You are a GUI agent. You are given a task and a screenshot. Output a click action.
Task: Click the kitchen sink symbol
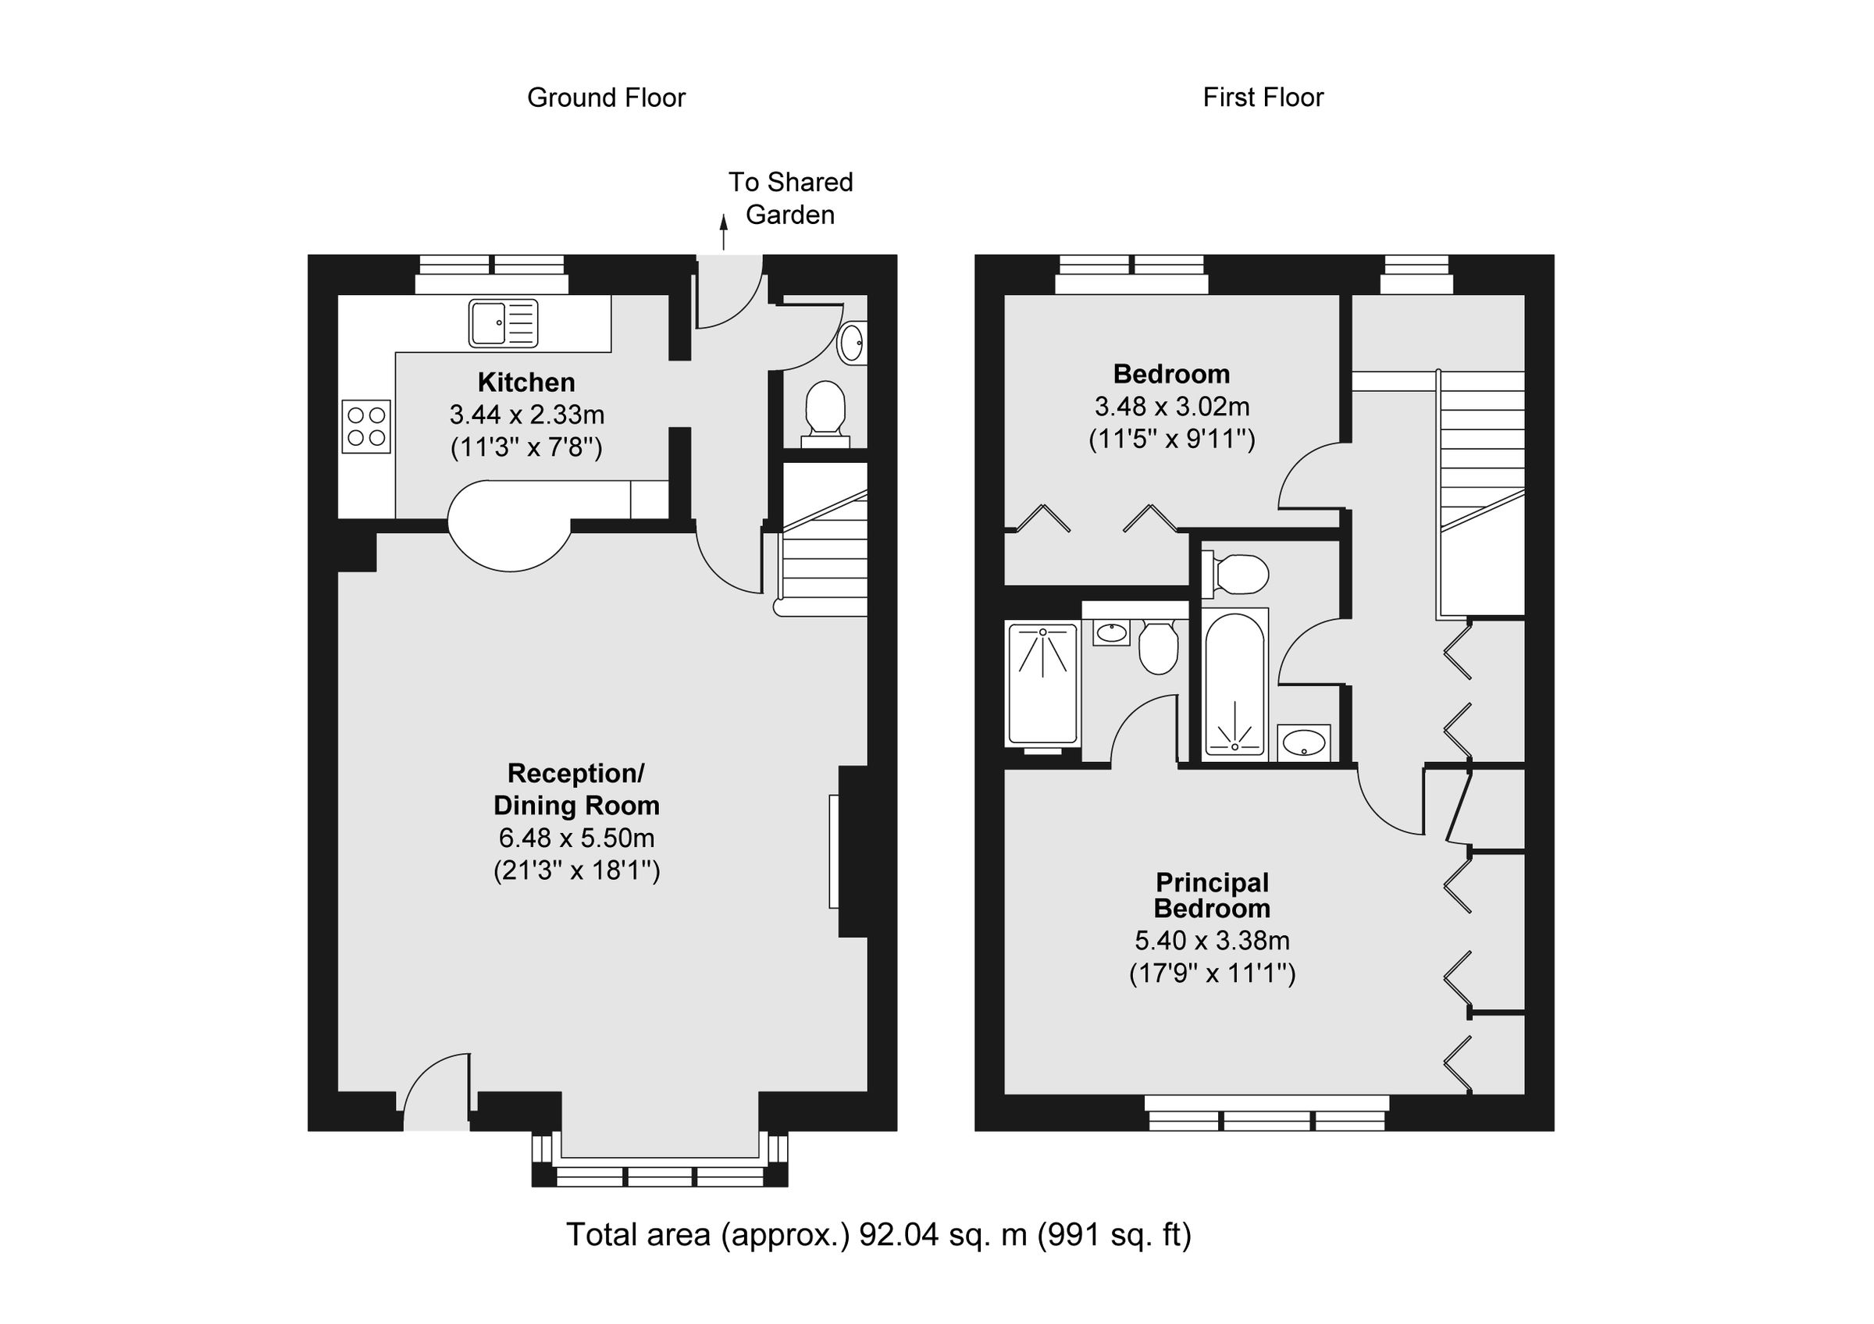click(503, 323)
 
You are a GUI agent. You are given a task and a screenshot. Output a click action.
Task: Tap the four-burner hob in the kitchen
click(365, 425)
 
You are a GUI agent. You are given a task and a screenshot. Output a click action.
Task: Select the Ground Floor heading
click(606, 98)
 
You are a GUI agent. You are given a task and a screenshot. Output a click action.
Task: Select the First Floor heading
click(1263, 98)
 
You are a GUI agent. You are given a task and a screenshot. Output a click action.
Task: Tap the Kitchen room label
click(526, 382)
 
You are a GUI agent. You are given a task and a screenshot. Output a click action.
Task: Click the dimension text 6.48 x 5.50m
click(576, 838)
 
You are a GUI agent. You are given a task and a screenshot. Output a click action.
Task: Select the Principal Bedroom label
click(1211, 895)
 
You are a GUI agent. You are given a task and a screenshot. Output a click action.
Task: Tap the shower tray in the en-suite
click(1043, 684)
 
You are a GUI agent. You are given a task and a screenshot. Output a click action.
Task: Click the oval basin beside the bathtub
click(1303, 742)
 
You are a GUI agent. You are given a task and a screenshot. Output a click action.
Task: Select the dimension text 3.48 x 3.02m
click(1171, 406)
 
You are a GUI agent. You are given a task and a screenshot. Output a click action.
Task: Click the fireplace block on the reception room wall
click(852, 851)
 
